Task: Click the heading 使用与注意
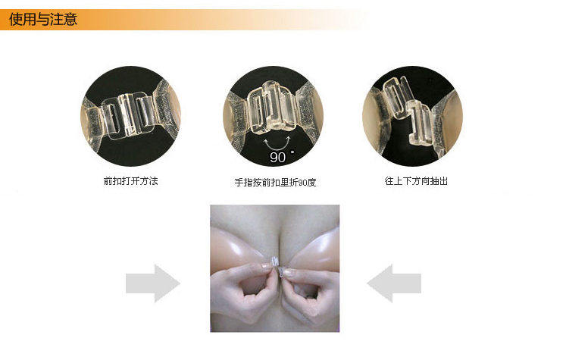click(43, 19)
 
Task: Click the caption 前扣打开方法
click(130, 181)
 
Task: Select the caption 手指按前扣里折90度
click(275, 183)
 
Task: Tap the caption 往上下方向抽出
click(416, 181)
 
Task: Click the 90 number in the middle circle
click(277, 158)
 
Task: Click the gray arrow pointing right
click(153, 283)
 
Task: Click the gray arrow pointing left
click(394, 283)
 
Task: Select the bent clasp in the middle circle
click(272, 106)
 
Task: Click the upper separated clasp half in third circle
click(396, 96)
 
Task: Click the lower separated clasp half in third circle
click(421, 123)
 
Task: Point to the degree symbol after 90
click(292, 152)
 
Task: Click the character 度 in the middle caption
click(311, 183)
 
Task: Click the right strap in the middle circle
click(310, 108)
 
